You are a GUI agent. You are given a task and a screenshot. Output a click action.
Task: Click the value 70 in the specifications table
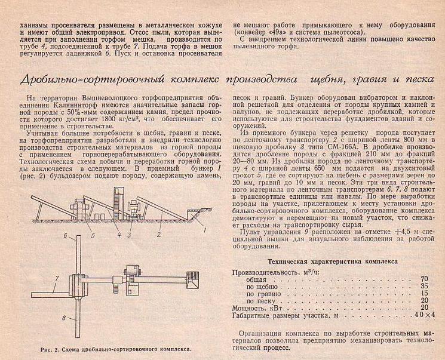click(424, 279)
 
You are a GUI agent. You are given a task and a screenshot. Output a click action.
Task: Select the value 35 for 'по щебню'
click(424, 286)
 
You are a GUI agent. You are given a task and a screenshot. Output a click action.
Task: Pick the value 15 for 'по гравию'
click(424, 293)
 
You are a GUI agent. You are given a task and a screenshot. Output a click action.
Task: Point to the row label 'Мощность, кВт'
click(259, 307)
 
